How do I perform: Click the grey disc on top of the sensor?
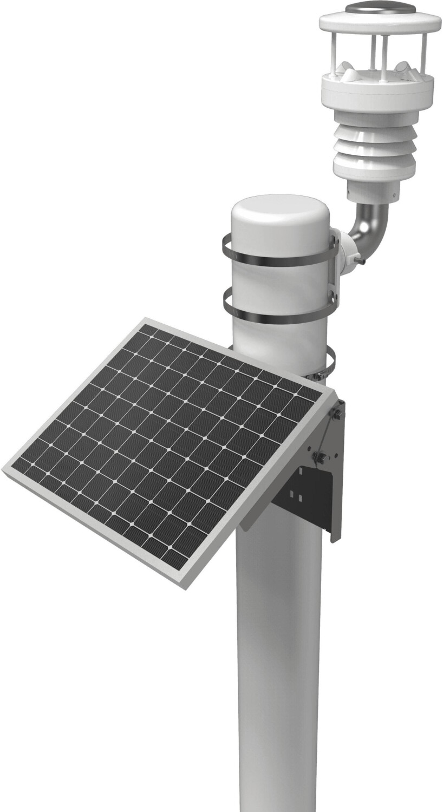380,8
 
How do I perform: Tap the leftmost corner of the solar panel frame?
4,470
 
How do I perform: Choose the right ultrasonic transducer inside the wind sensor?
402,69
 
